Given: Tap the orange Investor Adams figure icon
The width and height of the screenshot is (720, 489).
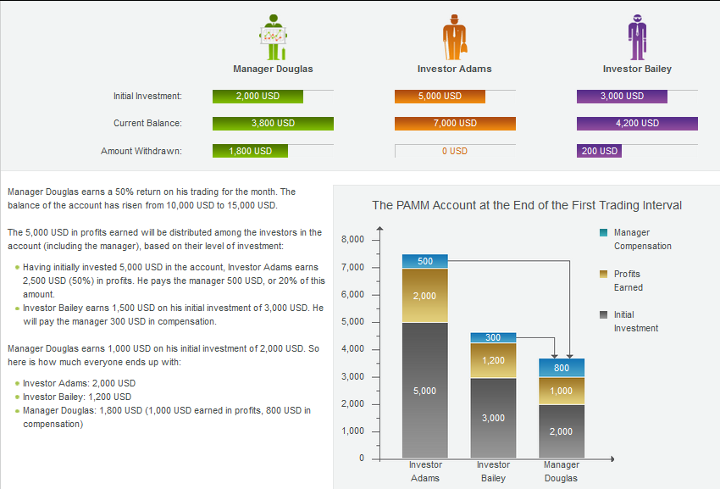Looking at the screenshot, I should coord(454,37).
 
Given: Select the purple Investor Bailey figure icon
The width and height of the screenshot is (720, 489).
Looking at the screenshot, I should coord(636,37).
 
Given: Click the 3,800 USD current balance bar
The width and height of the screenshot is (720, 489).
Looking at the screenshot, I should coord(273,124).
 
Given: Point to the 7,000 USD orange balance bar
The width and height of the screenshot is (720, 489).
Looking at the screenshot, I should coord(455,124).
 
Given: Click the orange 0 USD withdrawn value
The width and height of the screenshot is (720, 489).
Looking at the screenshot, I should coord(455,151).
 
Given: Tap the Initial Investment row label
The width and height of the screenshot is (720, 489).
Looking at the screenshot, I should coord(147,97).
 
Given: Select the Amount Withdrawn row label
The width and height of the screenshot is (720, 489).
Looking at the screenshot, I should coord(141,151).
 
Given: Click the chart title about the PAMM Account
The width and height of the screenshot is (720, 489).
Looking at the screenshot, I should coord(527,205).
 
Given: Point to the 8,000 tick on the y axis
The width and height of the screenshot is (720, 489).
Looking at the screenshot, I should coord(352,240).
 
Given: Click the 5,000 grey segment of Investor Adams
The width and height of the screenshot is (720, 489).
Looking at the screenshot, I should coord(424,391).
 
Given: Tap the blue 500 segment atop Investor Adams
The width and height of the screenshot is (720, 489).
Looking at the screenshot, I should coord(424,261).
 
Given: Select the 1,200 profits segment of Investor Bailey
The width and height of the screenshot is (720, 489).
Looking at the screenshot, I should coord(493,360).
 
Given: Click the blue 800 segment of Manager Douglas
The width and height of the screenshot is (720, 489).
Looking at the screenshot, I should coord(561,368).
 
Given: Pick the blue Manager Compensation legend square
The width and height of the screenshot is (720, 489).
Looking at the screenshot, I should coord(603,232).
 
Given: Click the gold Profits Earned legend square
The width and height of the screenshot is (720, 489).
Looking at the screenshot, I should coord(603,274).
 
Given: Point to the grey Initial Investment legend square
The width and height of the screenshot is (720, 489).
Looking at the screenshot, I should coord(603,314).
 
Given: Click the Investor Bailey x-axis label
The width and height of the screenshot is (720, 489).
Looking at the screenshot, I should coord(493,471).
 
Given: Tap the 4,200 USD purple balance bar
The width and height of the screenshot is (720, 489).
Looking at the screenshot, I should coord(637,124).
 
